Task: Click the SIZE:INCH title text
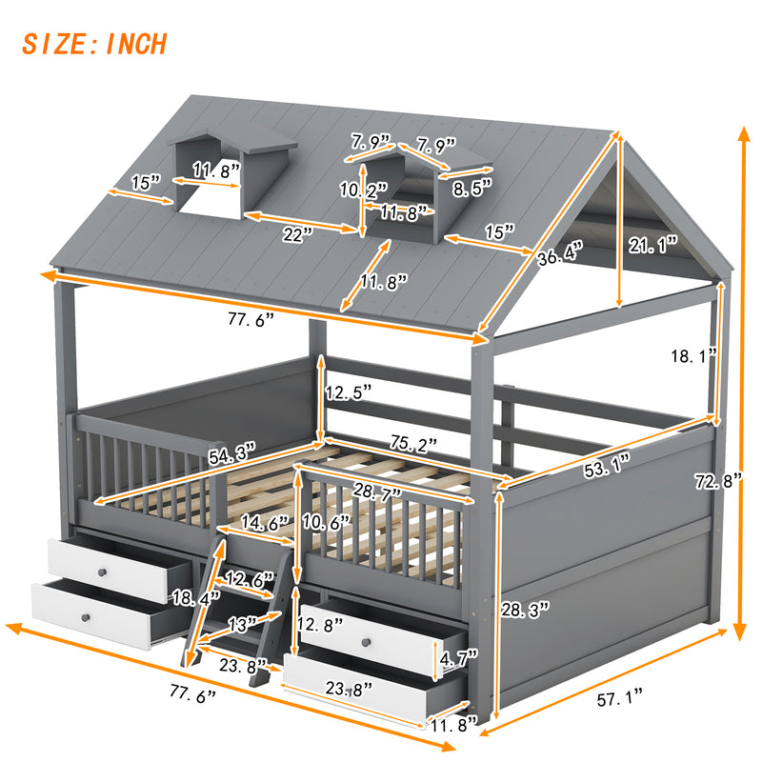[94, 44]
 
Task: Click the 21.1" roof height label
[652, 244]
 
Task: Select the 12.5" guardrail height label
[348, 391]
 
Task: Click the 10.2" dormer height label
[364, 190]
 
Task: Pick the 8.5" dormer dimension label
[473, 189]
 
